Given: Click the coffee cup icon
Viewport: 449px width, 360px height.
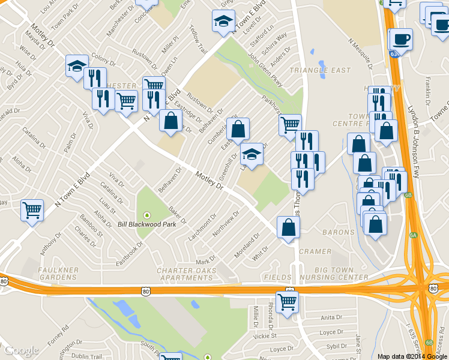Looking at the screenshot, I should click(401, 40).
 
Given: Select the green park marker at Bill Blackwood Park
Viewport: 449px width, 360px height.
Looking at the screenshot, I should click(147, 215).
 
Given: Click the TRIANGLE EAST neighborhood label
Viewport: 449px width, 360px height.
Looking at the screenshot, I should click(320, 70).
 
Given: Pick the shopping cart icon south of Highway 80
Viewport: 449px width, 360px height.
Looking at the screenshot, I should click(287, 302).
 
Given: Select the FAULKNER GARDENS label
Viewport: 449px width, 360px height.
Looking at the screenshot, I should click(58, 274).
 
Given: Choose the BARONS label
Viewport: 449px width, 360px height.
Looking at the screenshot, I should click(338, 232).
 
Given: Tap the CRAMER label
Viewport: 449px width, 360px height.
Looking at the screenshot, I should click(315, 251).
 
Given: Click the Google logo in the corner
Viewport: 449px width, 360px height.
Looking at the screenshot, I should click(22, 350).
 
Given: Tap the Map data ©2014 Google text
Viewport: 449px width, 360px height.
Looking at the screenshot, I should click(412, 356).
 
